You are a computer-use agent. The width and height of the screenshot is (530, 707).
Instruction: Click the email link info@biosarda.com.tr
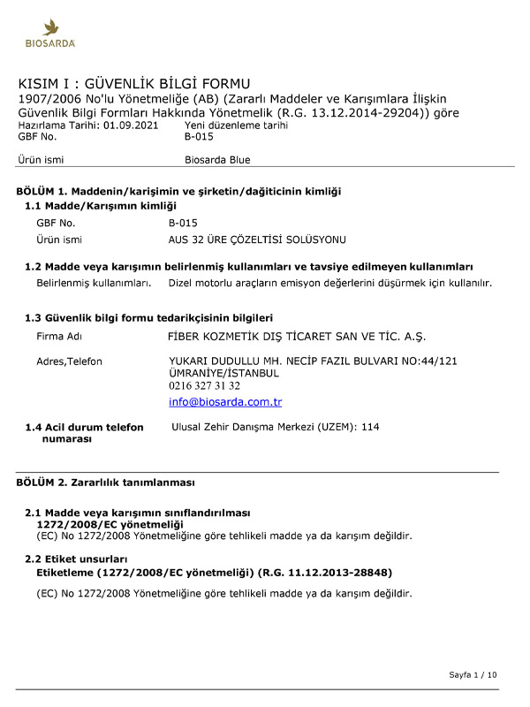225,402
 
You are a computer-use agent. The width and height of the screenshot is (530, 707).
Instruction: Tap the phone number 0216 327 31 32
204,386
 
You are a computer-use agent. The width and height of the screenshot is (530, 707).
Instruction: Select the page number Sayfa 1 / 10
473,675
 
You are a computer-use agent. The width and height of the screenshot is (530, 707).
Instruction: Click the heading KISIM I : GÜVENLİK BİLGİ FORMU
134,83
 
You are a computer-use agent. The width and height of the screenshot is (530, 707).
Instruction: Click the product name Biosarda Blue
217,160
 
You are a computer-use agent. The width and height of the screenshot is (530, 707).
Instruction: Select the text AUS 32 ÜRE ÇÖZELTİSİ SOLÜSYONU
257,239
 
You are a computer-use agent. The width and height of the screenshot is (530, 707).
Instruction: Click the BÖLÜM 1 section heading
178,191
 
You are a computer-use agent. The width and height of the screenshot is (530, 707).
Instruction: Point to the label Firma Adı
59,337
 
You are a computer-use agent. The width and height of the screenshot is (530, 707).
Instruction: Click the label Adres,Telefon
69,361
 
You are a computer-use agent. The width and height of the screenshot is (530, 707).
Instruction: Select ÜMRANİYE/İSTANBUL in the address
223,373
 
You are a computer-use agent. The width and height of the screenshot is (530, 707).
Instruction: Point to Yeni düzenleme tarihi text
236,125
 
